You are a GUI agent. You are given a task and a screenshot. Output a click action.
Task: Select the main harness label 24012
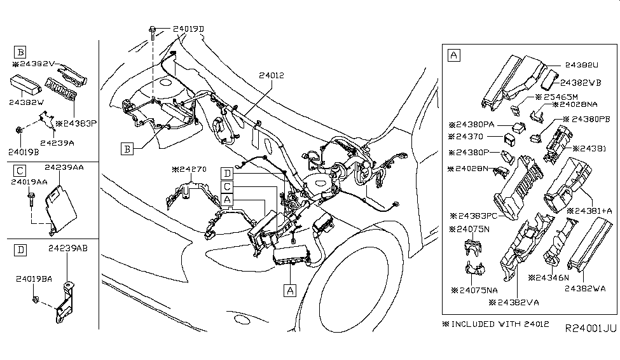[x=272, y=74]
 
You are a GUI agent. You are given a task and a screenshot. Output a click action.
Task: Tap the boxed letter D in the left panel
[x=21, y=251]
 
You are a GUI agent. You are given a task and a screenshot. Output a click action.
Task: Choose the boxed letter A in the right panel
[x=454, y=55]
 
